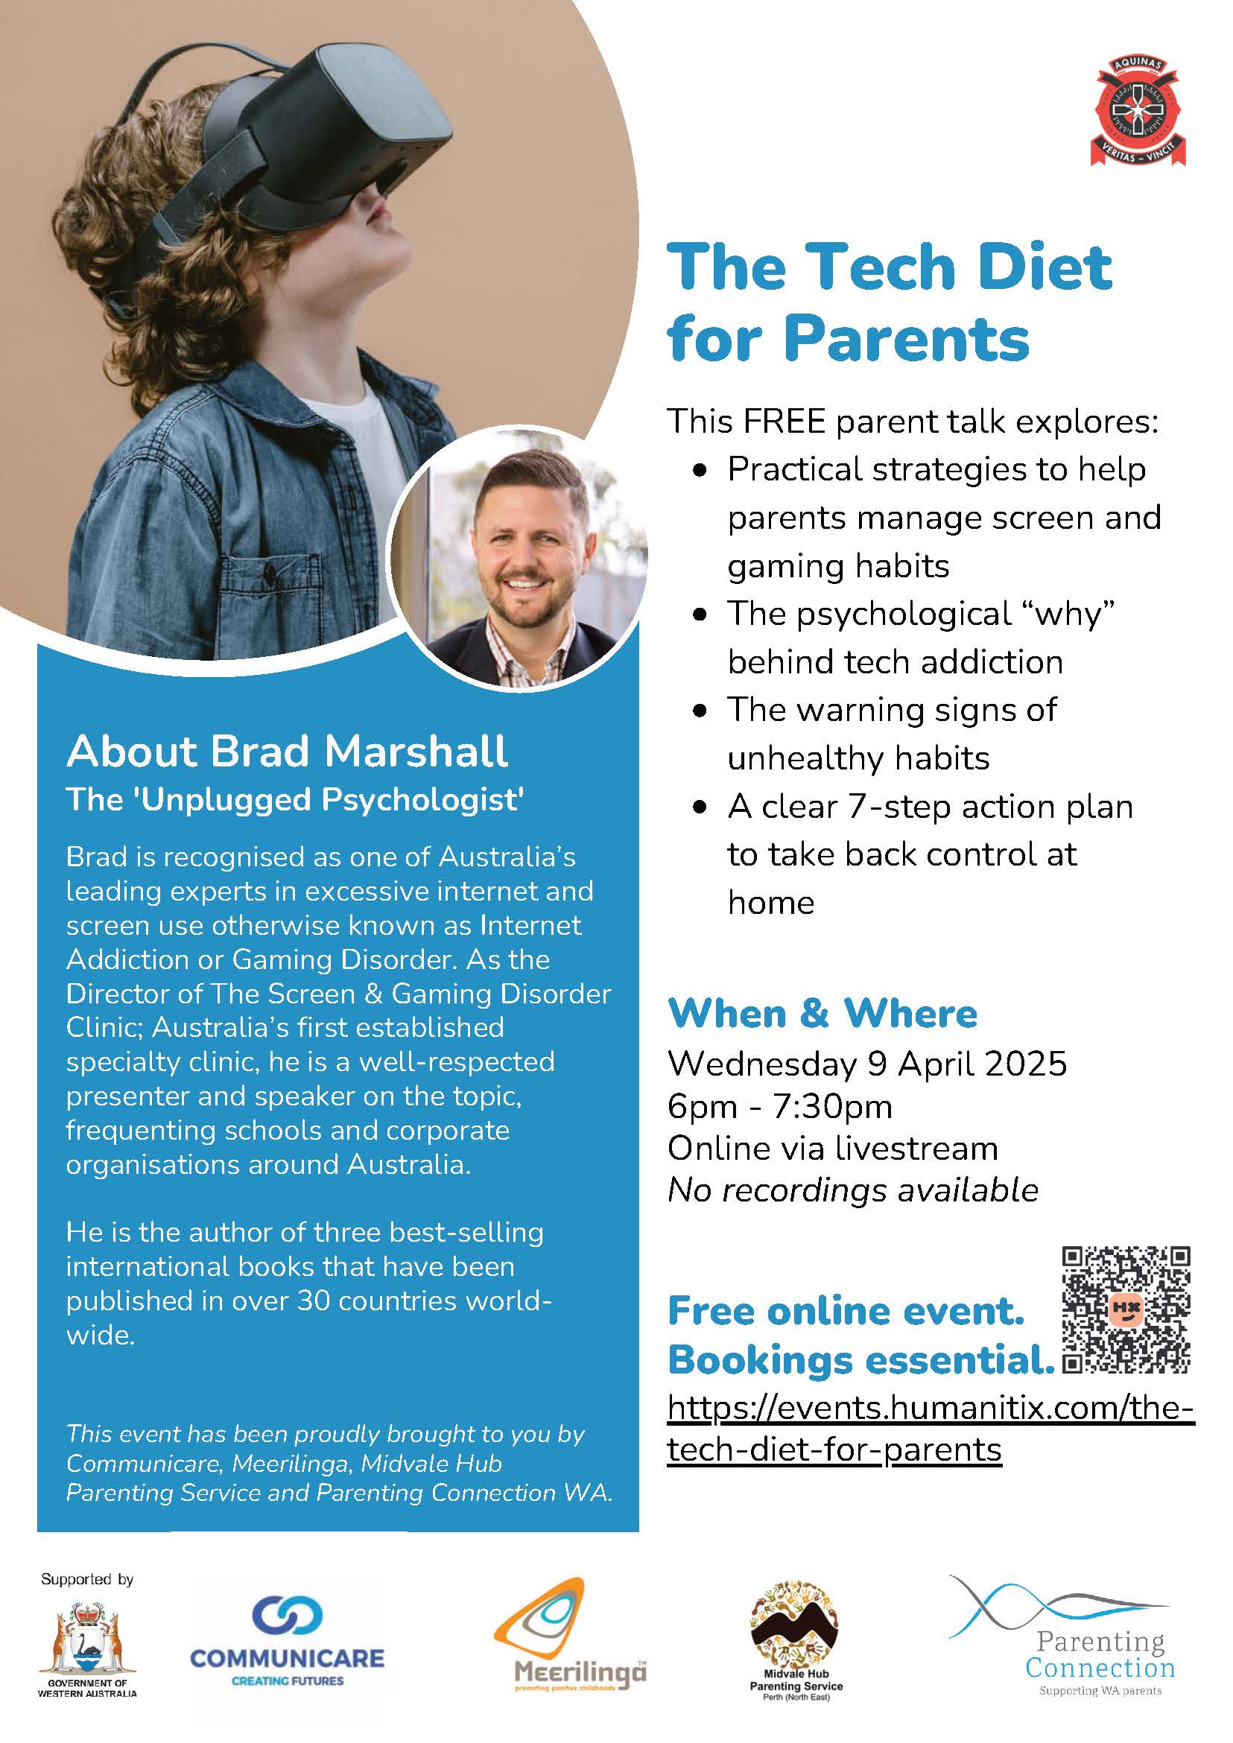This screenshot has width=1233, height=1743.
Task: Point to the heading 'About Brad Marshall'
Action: [x=287, y=751]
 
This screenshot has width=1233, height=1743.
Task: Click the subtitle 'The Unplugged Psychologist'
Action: [x=294, y=799]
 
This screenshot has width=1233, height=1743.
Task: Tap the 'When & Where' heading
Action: [x=822, y=1014]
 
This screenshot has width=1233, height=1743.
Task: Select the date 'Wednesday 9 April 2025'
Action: [x=867, y=1064]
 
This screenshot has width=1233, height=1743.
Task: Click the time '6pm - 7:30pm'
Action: [x=780, y=1106]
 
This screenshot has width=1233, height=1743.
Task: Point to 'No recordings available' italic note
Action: [x=852, y=1190]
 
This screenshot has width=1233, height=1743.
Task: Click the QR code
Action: [x=1126, y=1309]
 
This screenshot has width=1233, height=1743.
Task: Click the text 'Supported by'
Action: [x=87, y=1579]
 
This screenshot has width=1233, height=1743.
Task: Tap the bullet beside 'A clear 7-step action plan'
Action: [x=700, y=807]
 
